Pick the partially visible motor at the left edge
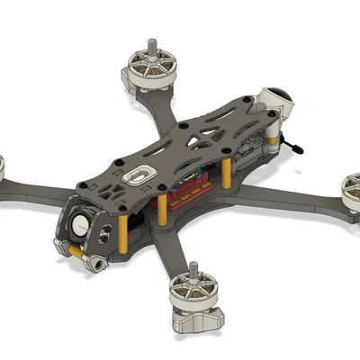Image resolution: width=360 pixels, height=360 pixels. point(3,166)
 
